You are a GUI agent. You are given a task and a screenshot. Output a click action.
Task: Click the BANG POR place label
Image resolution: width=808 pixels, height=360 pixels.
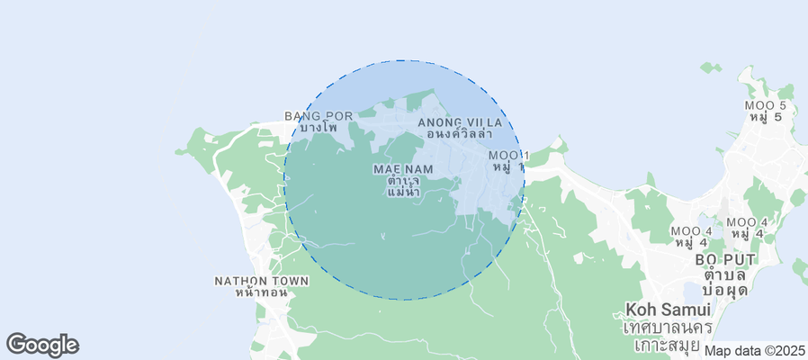pyautogui.click(x=319, y=116)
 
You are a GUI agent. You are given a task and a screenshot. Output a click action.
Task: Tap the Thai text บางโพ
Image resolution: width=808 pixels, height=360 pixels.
pyautogui.click(x=319, y=128)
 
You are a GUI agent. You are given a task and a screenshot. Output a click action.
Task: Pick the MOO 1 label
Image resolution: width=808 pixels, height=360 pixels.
pyautogui.click(x=507, y=157)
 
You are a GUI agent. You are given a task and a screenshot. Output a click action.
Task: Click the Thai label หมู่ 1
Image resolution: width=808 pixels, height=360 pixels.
pyautogui.click(x=507, y=168)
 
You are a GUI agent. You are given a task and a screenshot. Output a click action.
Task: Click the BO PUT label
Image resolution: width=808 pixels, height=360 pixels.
pyautogui.click(x=725, y=260)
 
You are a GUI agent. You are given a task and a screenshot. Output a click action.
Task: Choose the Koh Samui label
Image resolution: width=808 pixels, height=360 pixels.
pyautogui.click(x=667, y=310)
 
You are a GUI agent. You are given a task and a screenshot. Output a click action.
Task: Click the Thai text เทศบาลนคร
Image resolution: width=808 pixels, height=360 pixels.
pyautogui.click(x=667, y=327)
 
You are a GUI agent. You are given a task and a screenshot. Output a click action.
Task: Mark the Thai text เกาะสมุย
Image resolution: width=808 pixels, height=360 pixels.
pyautogui.click(x=667, y=344)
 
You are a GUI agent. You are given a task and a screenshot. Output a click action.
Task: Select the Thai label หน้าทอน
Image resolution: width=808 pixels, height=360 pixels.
pyautogui.click(x=260, y=292)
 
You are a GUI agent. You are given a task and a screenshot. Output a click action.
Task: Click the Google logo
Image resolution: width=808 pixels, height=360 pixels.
pyautogui.click(x=42, y=344)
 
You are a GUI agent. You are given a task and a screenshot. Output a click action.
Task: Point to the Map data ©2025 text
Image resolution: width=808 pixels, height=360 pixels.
pyautogui.click(x=754, y=351)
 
